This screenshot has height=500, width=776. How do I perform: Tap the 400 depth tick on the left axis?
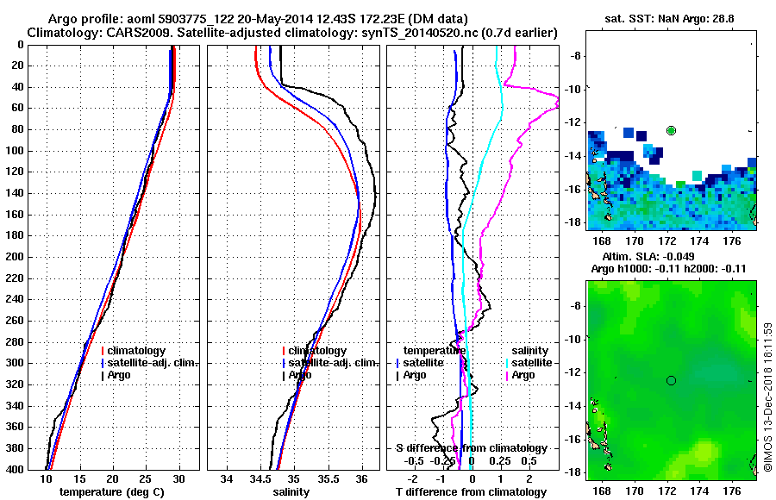pyautogui.click(x=18, y=469)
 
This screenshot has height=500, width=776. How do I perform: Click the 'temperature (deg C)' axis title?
pyautogui.click(x=111, y=492)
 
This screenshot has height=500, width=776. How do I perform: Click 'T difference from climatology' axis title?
pyautogui.click(x=471, y=492)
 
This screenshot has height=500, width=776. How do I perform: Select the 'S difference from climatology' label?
pyautogui.click(x=471, y=448)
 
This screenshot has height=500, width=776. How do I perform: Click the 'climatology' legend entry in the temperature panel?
pyautogui.click(x=138, y=351)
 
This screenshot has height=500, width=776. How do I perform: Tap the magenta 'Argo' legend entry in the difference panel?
pyautogui.click(x=523, y=375)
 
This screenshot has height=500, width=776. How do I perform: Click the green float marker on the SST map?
pyautogui.click(x=671, y=130)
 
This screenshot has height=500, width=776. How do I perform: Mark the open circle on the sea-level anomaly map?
pyautogui.click(x=671, y=380)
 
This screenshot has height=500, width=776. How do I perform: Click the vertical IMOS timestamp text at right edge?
pyautogui.click(x=767, y=397)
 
